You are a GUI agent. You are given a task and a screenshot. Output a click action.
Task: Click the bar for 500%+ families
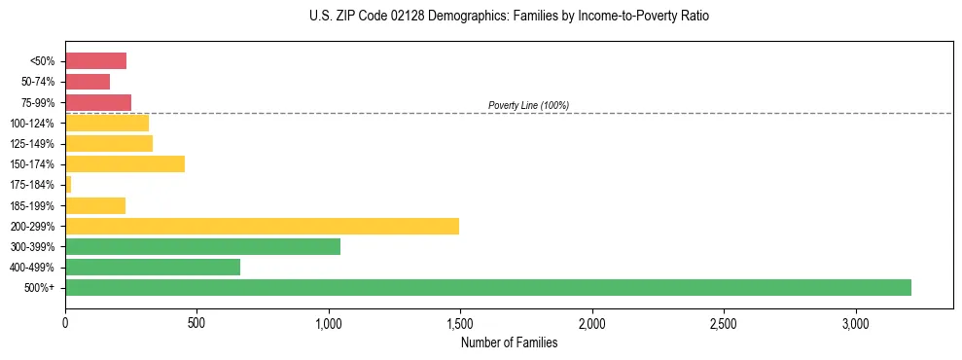click(x=487, y=288)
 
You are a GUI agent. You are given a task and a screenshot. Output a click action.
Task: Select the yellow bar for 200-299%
click(x=262, y=227)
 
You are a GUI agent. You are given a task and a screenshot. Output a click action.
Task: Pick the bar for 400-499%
click(x=152, y=268)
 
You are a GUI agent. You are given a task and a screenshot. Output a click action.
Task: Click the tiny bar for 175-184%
click(x=68, y=185)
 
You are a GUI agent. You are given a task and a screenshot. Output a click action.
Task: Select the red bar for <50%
click(x=95, y=61)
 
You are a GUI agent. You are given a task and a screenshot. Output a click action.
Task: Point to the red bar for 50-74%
click(x=88, y=82)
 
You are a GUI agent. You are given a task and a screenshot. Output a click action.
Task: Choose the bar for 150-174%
click(x=125, y=164)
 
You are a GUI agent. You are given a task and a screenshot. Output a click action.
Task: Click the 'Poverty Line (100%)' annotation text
click(x=528, y=105)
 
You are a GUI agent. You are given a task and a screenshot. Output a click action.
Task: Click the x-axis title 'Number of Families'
click(x=509, y=342)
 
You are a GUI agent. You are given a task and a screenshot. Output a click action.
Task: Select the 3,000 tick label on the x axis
click(x=855, y=322)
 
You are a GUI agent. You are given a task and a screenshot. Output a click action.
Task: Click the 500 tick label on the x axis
click(x=196, y=322)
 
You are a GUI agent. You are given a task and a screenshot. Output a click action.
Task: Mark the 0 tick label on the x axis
click(x=65, y=322)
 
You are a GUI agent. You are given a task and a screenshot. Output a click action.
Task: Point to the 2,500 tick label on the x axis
click(x=724, y=322)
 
